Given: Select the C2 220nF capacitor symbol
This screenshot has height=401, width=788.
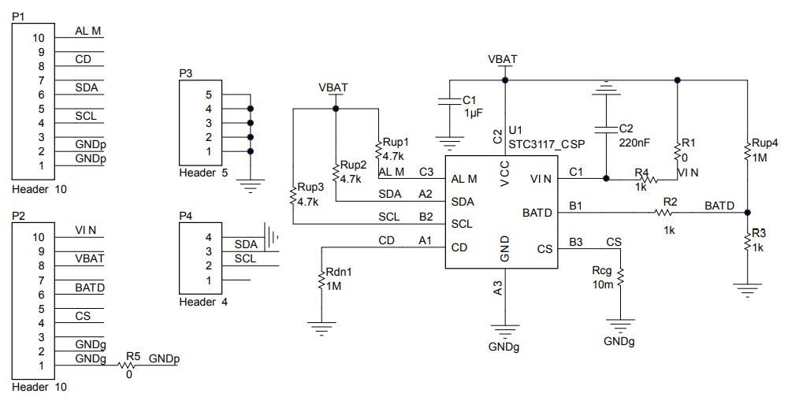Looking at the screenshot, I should pos(604,129).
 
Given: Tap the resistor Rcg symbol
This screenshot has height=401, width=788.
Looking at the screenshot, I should pos(620,277).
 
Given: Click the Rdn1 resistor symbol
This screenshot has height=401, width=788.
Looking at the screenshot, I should pos(322,280).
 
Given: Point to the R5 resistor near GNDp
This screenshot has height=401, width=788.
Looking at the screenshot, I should pos(128,365).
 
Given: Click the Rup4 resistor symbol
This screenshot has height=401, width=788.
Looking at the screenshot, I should pos(746,153).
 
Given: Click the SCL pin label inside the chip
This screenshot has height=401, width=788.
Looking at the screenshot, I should pos(462,225).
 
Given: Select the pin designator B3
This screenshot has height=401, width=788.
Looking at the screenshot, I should pos(576,242).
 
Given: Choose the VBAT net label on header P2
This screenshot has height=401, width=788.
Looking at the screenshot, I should pos(89,258).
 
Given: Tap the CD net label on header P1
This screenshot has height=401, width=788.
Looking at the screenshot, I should pos(83,60).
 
